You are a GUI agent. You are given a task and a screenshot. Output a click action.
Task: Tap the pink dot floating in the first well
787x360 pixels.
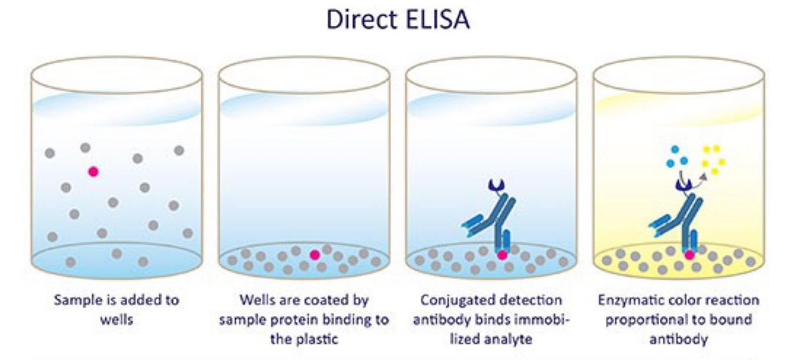93,171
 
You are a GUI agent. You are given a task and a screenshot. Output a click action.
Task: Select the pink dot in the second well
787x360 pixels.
315,254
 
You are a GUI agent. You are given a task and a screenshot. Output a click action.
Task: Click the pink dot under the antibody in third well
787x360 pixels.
502,255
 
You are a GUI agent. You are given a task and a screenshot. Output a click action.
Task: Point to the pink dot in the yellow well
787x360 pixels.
689,255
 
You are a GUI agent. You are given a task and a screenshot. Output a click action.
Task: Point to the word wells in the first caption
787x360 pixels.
116,319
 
